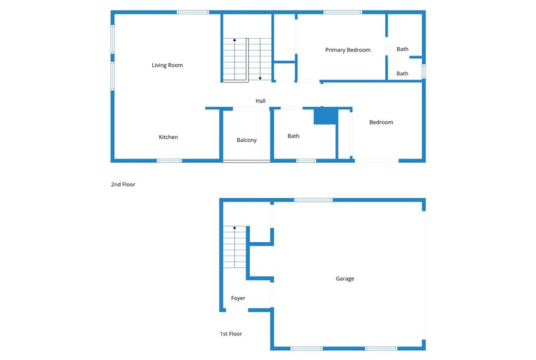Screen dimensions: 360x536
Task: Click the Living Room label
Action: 167,65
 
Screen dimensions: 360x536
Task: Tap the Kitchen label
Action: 169,137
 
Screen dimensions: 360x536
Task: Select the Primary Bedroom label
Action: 348,50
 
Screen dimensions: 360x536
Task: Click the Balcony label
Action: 247,140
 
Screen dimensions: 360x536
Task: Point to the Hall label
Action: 261,101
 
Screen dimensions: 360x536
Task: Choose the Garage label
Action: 345,279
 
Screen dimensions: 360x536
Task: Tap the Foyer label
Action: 238,298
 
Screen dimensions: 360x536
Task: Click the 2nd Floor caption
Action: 123,185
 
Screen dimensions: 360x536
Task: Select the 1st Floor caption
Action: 231,334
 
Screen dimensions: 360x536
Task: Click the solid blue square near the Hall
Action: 325,116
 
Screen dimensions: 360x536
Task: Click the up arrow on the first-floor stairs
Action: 234,228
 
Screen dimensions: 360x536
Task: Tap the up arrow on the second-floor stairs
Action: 234,40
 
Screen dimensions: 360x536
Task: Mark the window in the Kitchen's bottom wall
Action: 170,161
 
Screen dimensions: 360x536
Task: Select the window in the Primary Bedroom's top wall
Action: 342,12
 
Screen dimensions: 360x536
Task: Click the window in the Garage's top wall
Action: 313,200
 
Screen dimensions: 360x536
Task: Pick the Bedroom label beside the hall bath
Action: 381,122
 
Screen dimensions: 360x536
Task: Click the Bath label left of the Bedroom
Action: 294,136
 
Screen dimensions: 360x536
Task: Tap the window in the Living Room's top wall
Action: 193,12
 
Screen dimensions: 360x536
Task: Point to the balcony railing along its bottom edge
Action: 247,161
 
